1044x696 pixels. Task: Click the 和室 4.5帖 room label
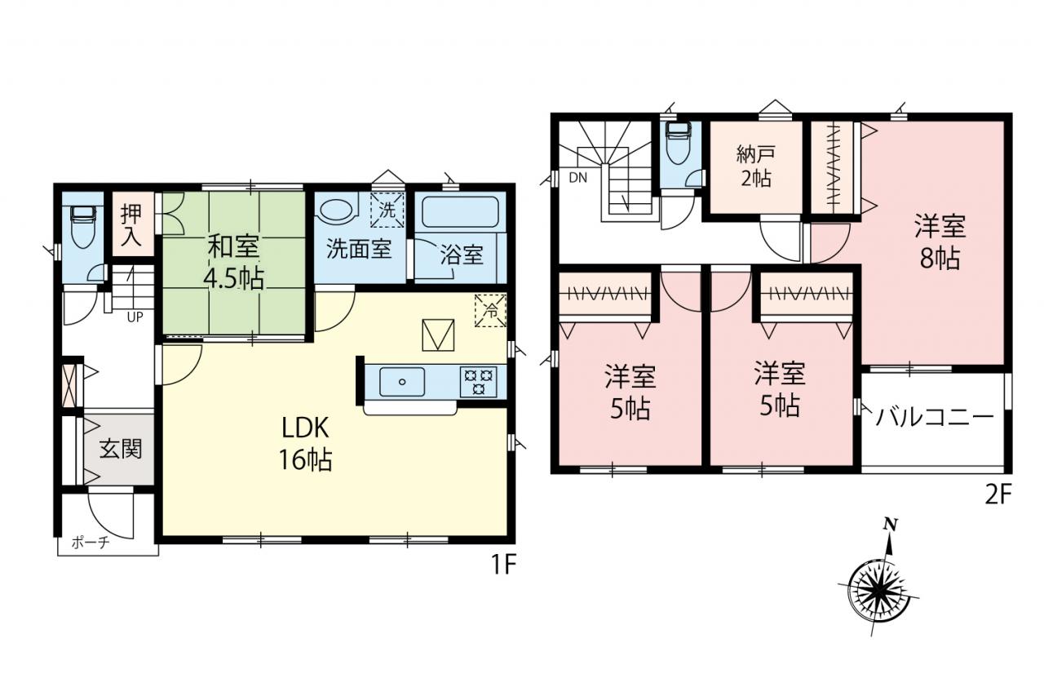coord(233,263)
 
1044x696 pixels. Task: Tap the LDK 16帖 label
coord(305,443)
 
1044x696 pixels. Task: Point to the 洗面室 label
coord(358,249)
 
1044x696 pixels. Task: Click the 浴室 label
coord(462,255)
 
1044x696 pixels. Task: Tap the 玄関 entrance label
coord(120,449)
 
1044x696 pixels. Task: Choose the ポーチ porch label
coord(91,543)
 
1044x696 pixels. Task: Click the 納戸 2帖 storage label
coord(755,166)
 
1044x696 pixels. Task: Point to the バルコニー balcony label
coord(935,417)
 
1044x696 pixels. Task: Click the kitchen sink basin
coord(402,382)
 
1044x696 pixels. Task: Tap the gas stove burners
coord(478,382)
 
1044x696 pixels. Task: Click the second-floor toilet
coord(678,144)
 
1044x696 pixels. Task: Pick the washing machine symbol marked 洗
coord(387,210)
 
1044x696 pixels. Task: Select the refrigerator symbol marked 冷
coord(490,311)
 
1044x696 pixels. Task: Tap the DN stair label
coord(578,178)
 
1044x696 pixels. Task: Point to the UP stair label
coord(135,317)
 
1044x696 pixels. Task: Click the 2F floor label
coord(998,496)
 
